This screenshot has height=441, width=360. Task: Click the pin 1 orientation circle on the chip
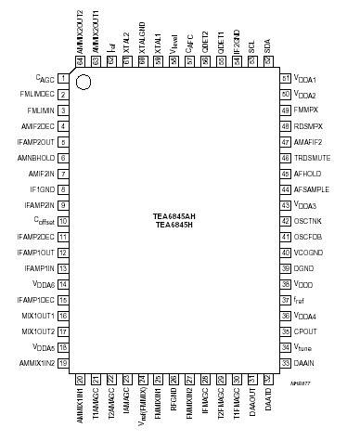point(84,83)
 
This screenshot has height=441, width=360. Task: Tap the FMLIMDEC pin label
point(36,95)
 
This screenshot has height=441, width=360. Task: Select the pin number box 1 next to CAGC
point(62,79)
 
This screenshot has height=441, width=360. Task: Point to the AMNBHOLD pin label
point(35,158)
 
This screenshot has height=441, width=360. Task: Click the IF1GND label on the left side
point(41,189)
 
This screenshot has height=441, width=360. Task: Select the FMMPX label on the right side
point(307,110)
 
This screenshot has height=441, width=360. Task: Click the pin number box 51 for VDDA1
point(285,79)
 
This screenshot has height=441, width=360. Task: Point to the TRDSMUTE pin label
point(312,158)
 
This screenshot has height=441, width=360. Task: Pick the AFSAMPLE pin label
point(312,189)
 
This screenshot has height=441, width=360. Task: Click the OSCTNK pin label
point(308,221)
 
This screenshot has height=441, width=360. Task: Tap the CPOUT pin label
point(305,331)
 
